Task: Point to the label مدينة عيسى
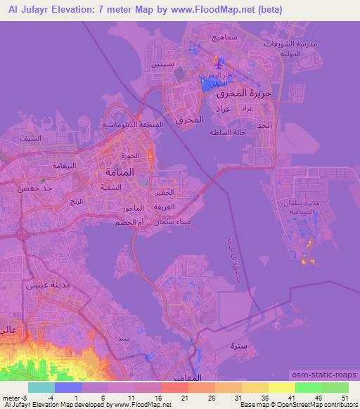pos(44,285)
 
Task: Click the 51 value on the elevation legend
pos(345,398)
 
